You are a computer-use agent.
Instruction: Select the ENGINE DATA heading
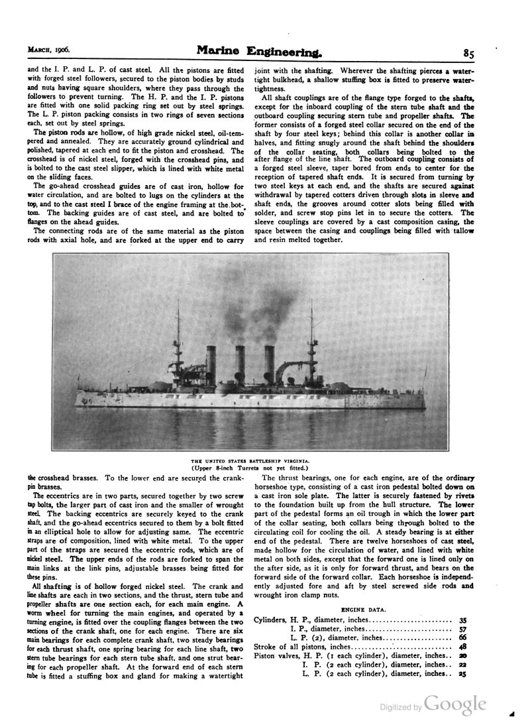(x=358, y=608)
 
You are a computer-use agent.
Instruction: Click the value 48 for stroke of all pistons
(x=462, y=646)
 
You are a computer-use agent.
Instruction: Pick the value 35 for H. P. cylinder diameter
(x=462, y=620)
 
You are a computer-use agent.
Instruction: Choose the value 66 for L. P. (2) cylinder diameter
(x=462, y=637)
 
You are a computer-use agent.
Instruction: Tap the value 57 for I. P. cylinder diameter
(x=462, y=628)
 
